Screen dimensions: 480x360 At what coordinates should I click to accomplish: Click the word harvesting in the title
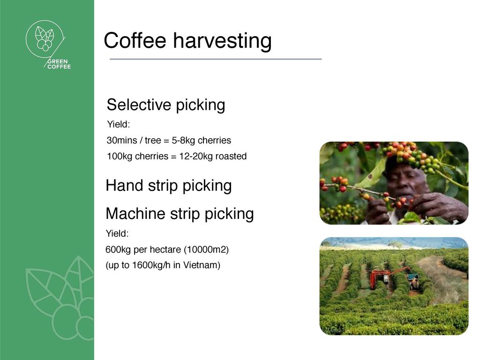tap(222, 41)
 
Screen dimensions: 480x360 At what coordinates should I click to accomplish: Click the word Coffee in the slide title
tap(135, 40)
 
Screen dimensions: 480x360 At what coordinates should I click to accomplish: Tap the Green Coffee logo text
tap(59, 64)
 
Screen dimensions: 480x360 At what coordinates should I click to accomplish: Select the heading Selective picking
tap(166, 105)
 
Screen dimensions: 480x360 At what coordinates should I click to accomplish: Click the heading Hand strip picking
tap(169, 186)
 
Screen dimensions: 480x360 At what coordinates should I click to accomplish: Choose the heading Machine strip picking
tap(180, 214)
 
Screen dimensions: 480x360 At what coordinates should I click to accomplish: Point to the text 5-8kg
tap(183, 141)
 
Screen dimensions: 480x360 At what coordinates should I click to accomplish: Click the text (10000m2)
tap(206, 250)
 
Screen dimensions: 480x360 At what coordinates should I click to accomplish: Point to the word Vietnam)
tap(202, 265)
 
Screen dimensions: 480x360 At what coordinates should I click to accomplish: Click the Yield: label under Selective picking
tap(119, 125)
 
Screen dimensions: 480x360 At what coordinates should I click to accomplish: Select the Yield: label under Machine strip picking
tap(117, 233)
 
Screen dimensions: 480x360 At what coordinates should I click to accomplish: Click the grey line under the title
tap(216, 59)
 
